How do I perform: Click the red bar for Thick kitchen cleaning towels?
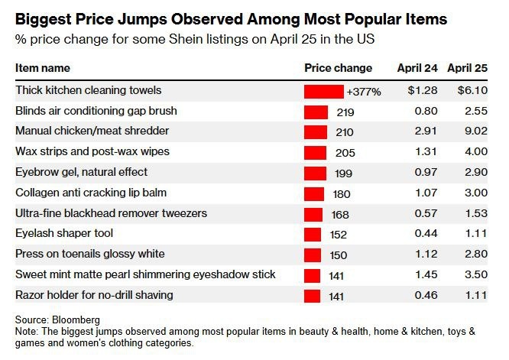tap(323, 91)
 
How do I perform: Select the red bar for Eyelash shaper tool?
tap(313, 234)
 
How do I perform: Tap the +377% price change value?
tap(364, 91)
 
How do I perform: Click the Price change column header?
tap(338, 68)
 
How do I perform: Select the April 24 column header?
tap(417, 68)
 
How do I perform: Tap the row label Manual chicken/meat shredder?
tap(92, 131)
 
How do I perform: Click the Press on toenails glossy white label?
tap(89, 254)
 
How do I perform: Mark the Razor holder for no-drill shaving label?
tap(94, 295)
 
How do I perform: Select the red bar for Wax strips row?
tap(315, 152)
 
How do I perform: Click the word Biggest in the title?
tap(46, 18)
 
